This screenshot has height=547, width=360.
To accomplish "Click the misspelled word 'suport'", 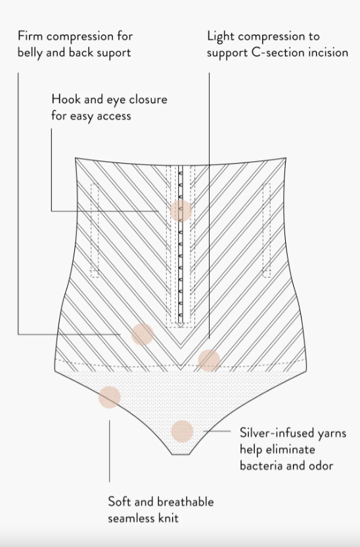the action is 114,53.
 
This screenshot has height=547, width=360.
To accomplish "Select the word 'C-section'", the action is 276,53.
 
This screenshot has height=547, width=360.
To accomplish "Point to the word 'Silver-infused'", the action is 273,433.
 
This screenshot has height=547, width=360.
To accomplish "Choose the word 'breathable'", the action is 187,502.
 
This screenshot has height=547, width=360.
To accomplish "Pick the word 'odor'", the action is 321,465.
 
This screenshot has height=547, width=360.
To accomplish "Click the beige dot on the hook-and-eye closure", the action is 181,210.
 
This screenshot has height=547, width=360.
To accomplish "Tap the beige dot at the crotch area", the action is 182,431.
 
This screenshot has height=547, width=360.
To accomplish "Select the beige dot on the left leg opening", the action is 110,397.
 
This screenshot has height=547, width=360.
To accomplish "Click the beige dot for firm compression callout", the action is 143,334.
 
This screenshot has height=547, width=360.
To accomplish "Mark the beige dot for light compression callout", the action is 209,360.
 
